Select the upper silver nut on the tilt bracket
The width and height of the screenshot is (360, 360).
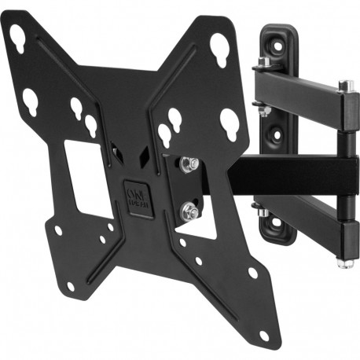pos(189,163)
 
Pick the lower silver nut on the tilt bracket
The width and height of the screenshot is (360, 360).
pos(189,211)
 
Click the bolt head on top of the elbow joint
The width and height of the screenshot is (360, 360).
pos(344,84)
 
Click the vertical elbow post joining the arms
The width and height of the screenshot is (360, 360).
pos(345,173)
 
